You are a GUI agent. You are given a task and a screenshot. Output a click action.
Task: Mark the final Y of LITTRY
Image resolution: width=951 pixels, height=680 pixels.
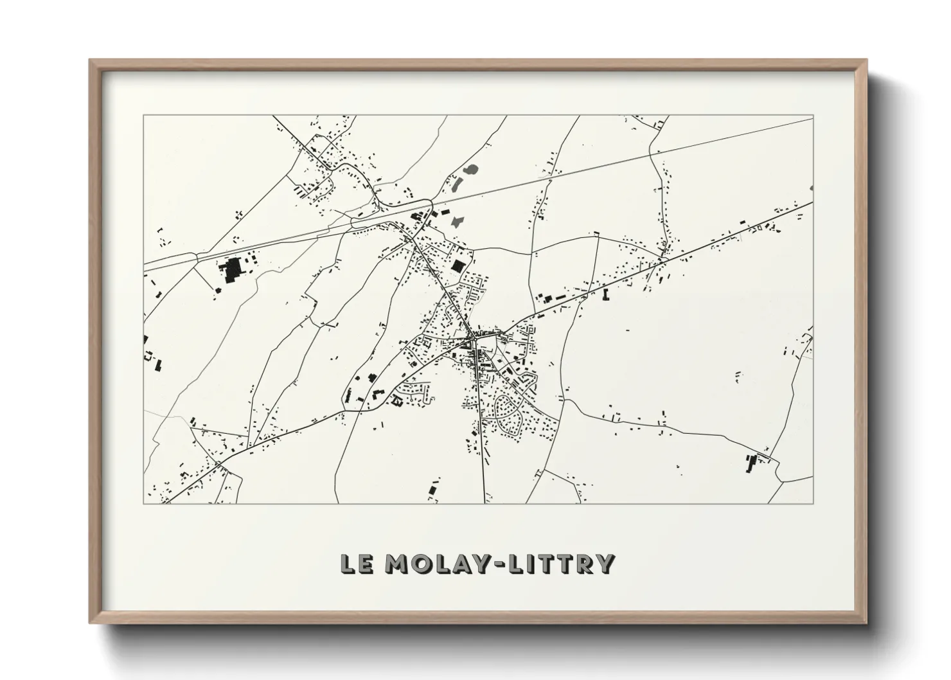[605, 564]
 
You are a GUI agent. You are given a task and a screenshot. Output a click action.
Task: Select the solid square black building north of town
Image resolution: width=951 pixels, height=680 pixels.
[458, 266]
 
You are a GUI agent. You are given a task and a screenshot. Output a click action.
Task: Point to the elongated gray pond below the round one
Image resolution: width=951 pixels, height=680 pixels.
[458, 183]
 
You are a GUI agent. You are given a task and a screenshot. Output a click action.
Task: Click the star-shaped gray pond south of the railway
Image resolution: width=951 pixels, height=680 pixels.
[457, 222]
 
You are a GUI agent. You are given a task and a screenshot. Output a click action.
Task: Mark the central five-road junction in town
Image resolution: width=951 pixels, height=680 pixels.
[472, 336]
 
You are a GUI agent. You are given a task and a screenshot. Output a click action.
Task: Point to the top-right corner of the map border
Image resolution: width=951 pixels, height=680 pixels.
[813, 116]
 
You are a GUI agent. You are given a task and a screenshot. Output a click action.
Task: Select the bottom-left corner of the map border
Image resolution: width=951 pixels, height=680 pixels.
[144, 503]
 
